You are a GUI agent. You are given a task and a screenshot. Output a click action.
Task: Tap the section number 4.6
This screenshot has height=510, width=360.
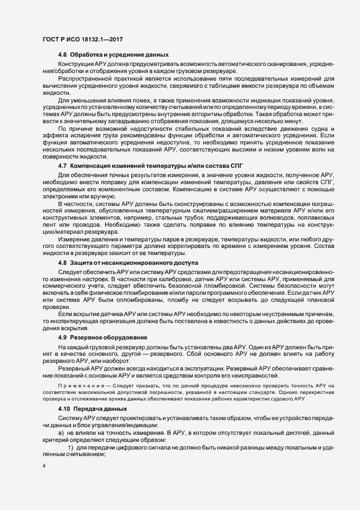coord(62,55)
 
